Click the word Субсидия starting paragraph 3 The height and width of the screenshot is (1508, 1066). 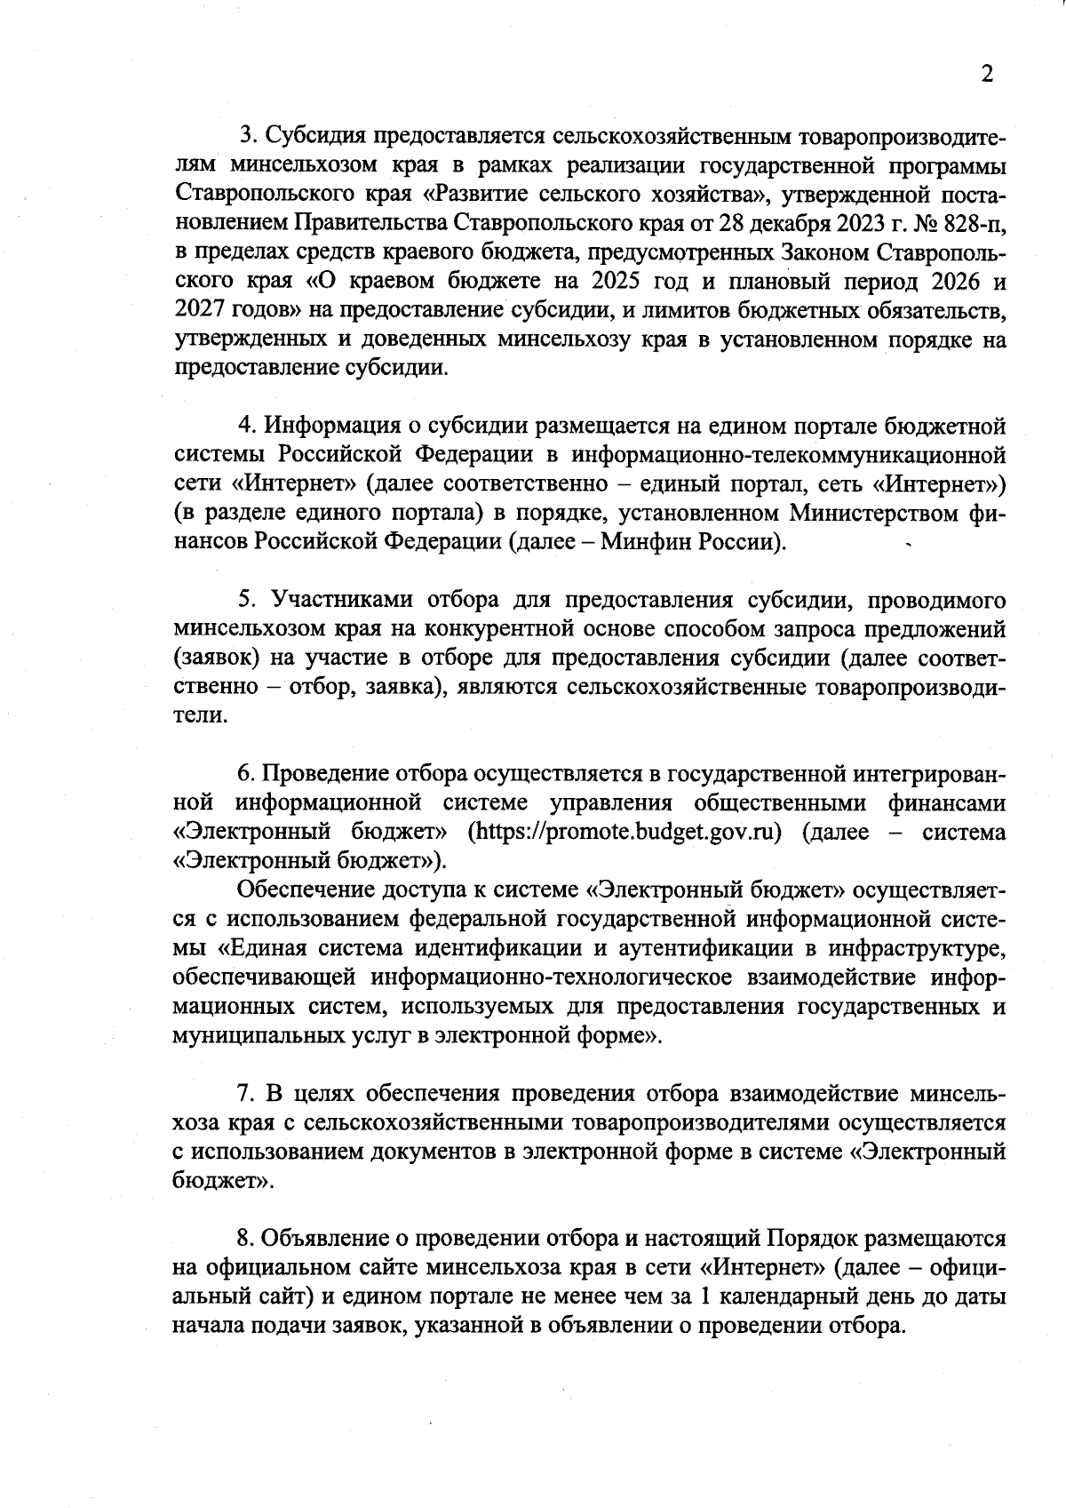click(x=315, y=139)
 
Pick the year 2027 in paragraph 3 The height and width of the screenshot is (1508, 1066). click(x=203, y=311)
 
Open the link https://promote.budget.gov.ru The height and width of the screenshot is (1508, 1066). click(x=629, y=833)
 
